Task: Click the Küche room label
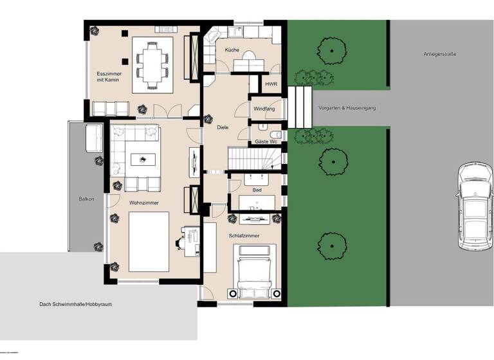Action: click(232, 50)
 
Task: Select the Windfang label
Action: click(264, 109)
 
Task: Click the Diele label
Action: click(223, 127)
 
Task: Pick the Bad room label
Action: click(256, 190)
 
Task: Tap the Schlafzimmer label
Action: click(244, 236)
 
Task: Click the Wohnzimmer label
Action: click(143, 203)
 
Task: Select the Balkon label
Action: click(86, 199)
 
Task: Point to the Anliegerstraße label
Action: click(440, 54)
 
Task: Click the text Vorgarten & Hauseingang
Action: click(347, 108)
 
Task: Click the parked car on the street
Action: click(475, 207)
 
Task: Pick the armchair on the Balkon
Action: click(94, 136)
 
